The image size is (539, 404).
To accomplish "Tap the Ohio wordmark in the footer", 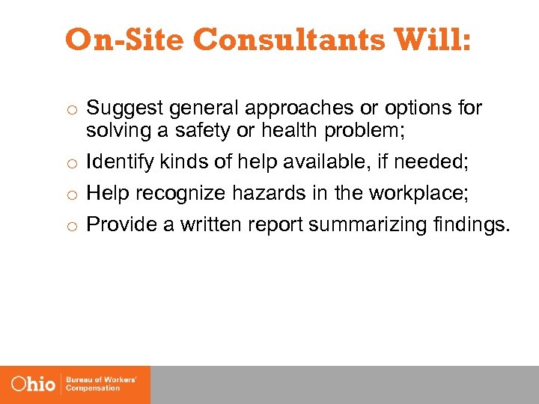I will pyautogui.click(x=34, y=385).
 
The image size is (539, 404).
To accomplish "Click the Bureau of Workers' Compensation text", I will pyautogui.click(x=102, y=385).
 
